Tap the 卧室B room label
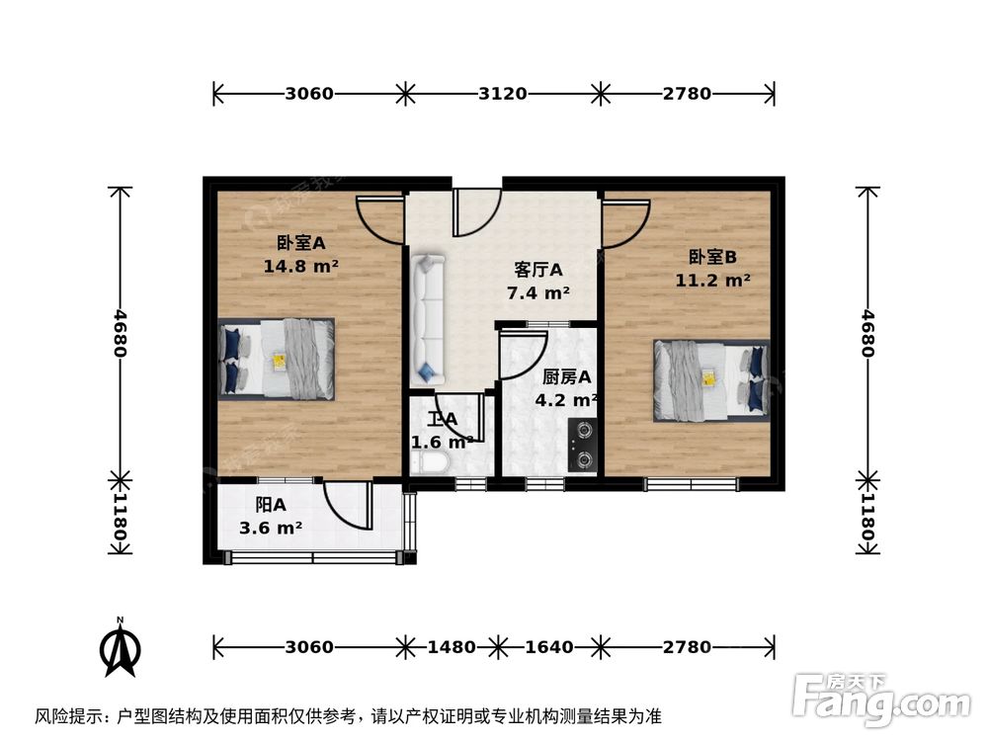713,257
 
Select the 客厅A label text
538,270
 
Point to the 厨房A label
567,376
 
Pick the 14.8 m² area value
301,266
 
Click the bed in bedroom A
278,358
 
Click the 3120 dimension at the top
502,94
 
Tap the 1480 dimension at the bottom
450,647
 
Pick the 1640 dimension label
548,647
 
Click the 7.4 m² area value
538,293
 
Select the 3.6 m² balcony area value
271,529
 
